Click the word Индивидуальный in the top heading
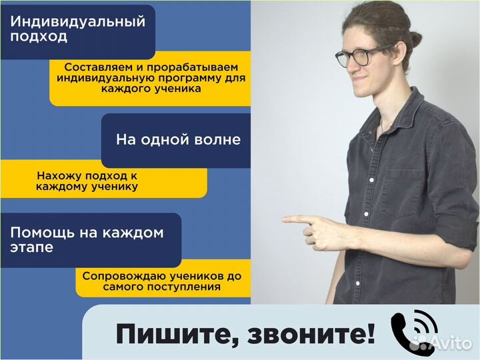point(77,21)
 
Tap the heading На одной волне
point(178,140)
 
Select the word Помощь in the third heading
point(41,233)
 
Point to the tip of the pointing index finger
point(285,219)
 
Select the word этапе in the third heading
point(32,248)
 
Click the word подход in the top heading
point(39,37)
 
